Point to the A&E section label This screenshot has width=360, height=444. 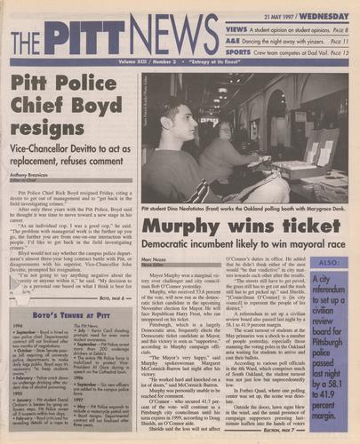232,41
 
